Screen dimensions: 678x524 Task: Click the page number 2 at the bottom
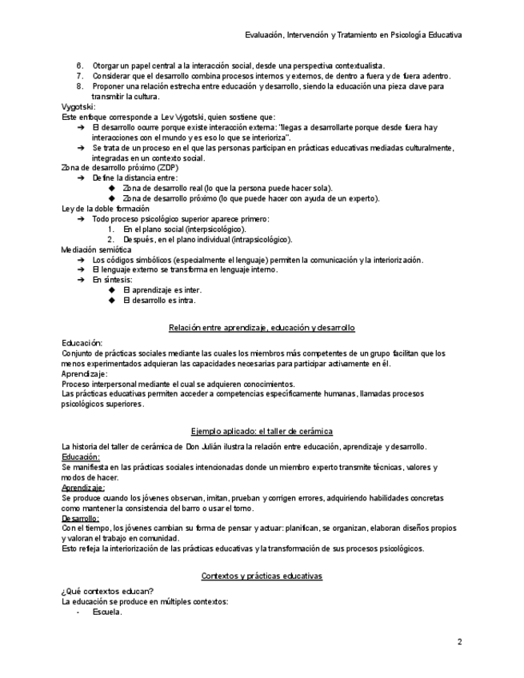[460, 641]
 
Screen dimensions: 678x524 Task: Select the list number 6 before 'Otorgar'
[80, 66]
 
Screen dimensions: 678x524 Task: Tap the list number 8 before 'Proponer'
[80, 86]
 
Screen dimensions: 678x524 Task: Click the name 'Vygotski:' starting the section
[78, 106]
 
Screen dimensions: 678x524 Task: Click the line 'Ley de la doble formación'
[106, 209]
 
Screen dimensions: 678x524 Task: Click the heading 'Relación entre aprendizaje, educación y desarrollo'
[262, 328]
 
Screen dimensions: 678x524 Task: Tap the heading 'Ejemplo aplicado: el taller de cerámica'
[262, 431]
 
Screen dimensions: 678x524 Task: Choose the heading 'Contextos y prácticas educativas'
[262, 576]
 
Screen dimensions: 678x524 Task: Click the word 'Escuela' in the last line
[106, 612]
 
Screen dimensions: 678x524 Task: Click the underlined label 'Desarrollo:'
[81, 518]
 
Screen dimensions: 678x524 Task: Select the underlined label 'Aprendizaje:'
[83, 487]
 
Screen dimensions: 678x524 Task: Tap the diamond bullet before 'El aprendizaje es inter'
[112, 290]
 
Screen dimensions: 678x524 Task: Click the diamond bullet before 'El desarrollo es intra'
[112, 301]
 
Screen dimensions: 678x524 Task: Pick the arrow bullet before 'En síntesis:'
[81, 280]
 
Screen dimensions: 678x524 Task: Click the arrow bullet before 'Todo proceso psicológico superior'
[81, 219]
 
